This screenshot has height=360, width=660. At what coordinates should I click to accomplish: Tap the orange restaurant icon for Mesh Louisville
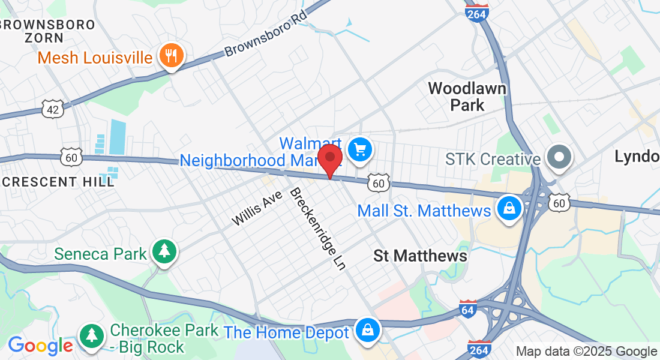pyautogui.click(x=172, y=56)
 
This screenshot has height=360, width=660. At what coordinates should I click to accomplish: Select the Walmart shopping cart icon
pyautogui.click(x=360, y=149)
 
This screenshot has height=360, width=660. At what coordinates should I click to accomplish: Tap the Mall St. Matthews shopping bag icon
pyautogui.click(x=509, y=209)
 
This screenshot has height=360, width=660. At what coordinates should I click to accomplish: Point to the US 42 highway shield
pyautogui.click(x=52, y=107)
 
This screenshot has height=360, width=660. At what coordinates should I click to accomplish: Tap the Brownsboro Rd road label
pyautogui.click(x=266, y=34)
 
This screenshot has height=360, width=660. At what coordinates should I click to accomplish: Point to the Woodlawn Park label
pyautogui.click(x=467, y=97)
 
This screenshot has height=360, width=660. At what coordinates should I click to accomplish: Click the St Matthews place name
pyautogui.click(x=420, y=256)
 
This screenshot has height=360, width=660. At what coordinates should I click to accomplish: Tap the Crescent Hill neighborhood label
pyautogui.click(x=57, y=181)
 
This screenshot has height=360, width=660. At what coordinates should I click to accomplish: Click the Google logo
pyautogui.click(x=40, y=346)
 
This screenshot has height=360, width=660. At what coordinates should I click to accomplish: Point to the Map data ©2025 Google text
pyautogui.click(x=586, y=352)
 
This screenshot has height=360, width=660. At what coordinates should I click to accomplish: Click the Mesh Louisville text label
pyautogui.click(x=95, y=58)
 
